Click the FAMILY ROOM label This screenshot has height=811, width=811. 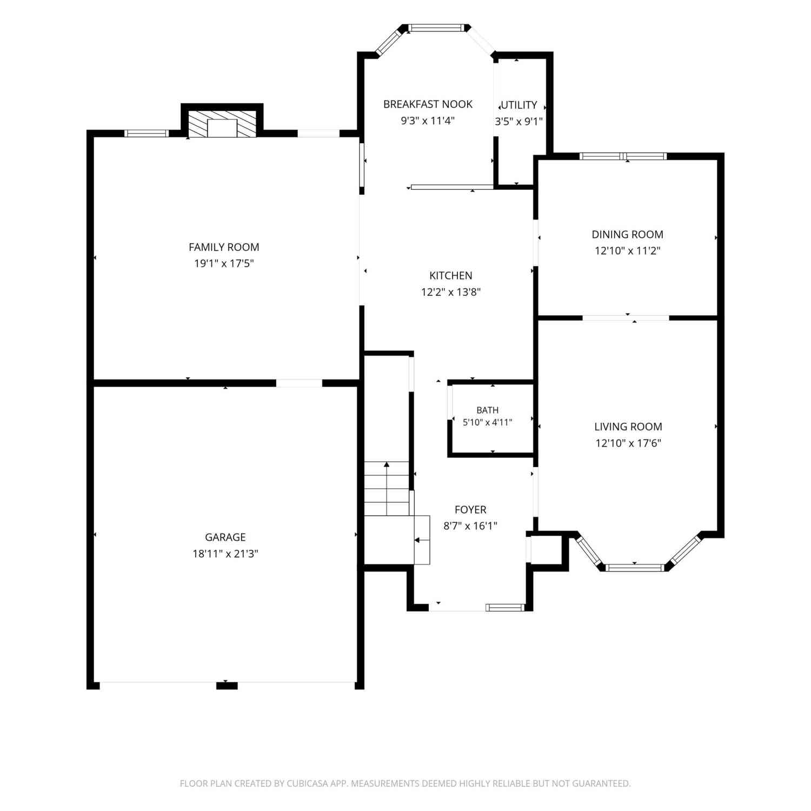(x=224, y=247)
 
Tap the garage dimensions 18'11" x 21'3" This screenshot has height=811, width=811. (x=225, y=554)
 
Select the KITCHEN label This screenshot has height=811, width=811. (x=451, y=276)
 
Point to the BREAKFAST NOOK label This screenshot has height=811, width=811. (x=428, y=104)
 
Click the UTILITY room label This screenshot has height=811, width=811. (x=519, y=105)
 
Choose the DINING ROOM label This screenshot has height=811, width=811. (x=627, y=235)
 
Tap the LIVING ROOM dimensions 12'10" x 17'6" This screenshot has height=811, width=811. (x=628, y=443)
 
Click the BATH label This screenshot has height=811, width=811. (x=488, y=410)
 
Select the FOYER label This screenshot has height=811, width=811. (x=470, y=510)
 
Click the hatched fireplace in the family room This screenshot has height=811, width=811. (x=222, y=124)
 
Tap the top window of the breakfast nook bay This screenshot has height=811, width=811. (x=436, y=28)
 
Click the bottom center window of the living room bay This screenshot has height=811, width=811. (x=634, y=568)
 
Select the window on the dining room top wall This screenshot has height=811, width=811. (x=623, y=156)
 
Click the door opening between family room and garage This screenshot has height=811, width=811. (x=299, y=383)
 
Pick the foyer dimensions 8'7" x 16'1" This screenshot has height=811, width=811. (x=470, y=526)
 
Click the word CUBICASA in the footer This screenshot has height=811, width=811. (x=309, y=783)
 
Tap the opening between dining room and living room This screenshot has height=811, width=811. (x=626, y=318)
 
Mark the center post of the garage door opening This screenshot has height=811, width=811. (x=227, y=686)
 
